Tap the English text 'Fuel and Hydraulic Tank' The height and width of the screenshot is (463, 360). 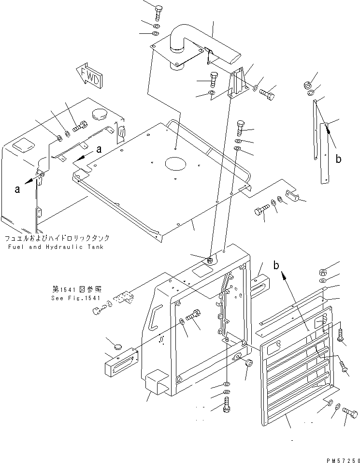[56, 247]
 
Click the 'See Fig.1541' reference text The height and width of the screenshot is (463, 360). [76, 298]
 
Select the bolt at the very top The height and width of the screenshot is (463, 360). [159, 11]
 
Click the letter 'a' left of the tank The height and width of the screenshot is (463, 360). [17, 189]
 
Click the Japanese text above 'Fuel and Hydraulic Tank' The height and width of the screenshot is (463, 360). [57, 238]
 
